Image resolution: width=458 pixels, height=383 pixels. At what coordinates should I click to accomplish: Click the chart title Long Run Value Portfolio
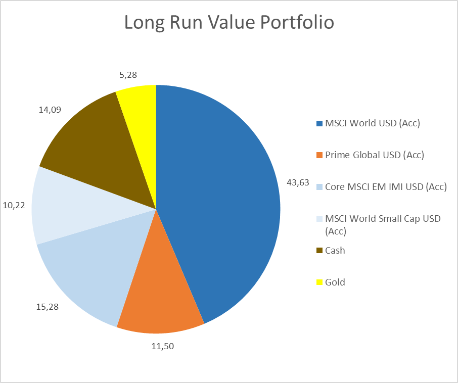coord(229,23)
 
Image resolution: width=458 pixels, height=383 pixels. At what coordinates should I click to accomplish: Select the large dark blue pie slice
coord(222,192)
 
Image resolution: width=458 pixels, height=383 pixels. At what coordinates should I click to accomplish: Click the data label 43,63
coord(298,182)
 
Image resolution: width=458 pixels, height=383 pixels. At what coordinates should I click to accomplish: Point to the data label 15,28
coord(48,306)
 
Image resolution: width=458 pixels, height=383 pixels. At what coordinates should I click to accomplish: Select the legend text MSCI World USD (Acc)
coord(373,123)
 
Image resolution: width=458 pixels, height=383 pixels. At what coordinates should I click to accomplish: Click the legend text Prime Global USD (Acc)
coord(374,155)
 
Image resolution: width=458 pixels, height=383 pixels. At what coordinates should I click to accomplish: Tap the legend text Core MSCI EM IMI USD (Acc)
coord(386,187)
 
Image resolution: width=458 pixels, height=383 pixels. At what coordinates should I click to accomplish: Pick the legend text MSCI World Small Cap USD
coord(383,219)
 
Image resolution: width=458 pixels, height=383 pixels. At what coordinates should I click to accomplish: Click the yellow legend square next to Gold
coord(319,282)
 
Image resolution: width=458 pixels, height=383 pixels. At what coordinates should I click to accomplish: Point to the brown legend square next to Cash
coord(319,251)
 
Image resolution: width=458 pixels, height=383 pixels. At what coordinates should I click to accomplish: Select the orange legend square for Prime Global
coord(319,155)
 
